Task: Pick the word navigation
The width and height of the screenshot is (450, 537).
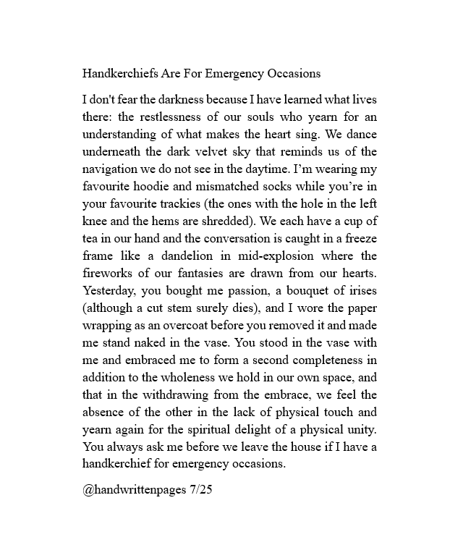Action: [112, 169]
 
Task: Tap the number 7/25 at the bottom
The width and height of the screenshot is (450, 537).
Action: [203, 489]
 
